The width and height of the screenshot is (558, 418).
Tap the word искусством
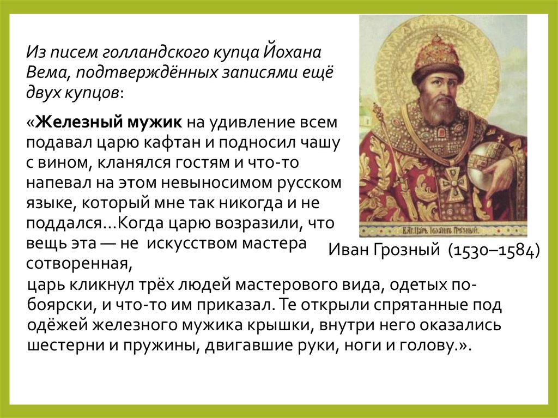click(198, 244)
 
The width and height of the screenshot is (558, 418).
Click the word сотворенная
click(77, 264)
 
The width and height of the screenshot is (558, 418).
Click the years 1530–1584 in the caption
click(494, 250)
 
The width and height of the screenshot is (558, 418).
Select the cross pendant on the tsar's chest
click(453, 183)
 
